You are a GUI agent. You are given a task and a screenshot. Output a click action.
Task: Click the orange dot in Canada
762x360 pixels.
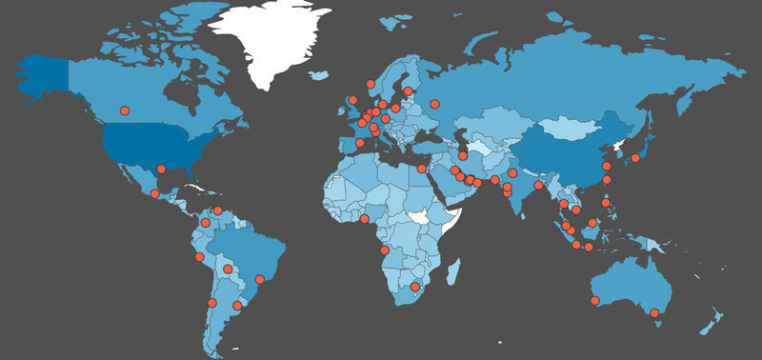[x=124, y=111]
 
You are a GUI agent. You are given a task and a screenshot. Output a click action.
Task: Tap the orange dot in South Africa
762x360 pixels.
[x=414, y=287]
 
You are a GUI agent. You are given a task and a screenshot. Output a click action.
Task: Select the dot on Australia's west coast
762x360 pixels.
[x=595, y=301]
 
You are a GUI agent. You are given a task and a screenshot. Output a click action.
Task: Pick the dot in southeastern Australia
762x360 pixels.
[x=655, y=312]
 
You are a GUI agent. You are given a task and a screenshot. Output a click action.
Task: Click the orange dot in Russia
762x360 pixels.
[x=434, y=104]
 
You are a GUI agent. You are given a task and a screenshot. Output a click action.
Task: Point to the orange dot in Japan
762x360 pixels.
[x=635, y=157]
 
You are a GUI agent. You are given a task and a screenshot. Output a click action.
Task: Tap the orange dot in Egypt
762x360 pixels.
[x=422, y=169]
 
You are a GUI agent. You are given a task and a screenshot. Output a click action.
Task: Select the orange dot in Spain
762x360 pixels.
[x=359, y=144]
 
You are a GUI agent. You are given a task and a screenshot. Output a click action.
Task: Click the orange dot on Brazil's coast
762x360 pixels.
[x=259, y=279]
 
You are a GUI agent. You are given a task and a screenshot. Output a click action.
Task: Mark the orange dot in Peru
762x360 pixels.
[x=199, y=256]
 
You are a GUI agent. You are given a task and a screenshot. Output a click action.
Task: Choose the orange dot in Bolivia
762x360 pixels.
[x=227, y=270]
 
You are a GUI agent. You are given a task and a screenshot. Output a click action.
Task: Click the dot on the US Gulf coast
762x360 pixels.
[x=162, y=170]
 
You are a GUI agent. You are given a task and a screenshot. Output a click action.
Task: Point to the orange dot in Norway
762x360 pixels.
[x=371, y=85]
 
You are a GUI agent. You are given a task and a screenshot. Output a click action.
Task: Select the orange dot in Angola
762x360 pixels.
[x=384, y=251]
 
